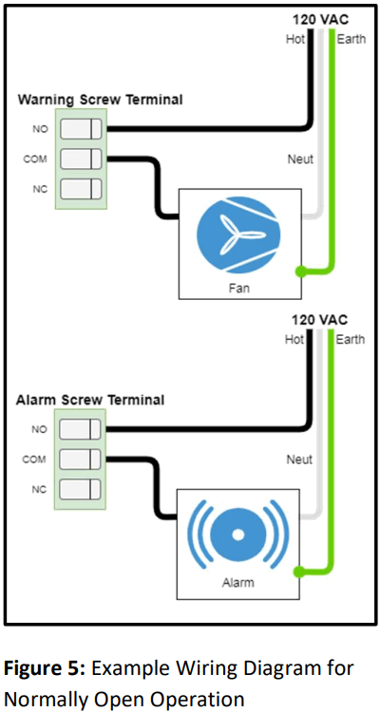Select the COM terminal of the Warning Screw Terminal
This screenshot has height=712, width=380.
(81, 159)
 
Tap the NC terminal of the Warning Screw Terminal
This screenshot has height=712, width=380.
(81, 188)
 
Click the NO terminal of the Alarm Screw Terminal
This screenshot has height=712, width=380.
(81, 429)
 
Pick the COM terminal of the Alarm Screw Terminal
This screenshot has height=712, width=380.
(81, 459)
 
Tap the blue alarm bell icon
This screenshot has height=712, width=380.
(238, 535)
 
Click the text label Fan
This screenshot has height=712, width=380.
(238, 287)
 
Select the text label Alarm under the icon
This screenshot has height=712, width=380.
(238, 583)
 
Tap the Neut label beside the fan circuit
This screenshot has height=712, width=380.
(300, 159)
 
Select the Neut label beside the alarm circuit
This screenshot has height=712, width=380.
(300, 459)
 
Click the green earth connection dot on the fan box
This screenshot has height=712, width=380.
(300, 272)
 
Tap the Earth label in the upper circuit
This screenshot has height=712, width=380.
(351, 40)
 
